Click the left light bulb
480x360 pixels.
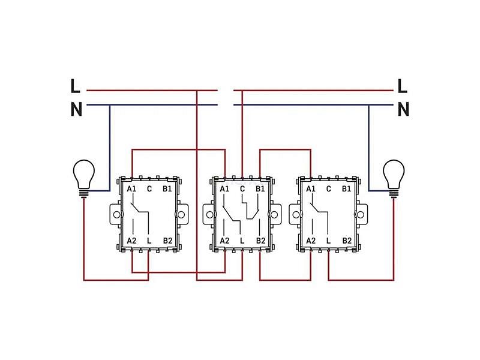click(x=84, y=179)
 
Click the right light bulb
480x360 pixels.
click(x=394, y=179)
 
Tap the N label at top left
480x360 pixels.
click(x=77, y=109)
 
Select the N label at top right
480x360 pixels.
click(x=403, y=109)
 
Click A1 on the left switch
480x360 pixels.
click(x=131, y=189)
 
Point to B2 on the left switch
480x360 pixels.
click(x=167, y=241)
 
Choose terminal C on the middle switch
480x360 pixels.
click(x=242, y=189)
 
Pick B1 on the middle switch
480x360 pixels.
click(x=260, y=189)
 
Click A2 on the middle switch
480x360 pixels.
click(x=224, y=241)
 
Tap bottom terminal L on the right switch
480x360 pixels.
click(x=329, y=241)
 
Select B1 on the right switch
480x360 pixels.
click(x=347, y=189)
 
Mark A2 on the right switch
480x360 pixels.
click(x=311, y=241)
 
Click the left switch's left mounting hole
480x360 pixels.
click(x=116, y=215)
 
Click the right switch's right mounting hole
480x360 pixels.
click(x=361, y=215)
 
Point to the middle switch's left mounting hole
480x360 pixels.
click(x=209, y=215)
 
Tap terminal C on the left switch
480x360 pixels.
click(x=149, y=189)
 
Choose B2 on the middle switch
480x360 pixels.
click(x=260, y=241)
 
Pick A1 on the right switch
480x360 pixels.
click(x=311, y=189)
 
